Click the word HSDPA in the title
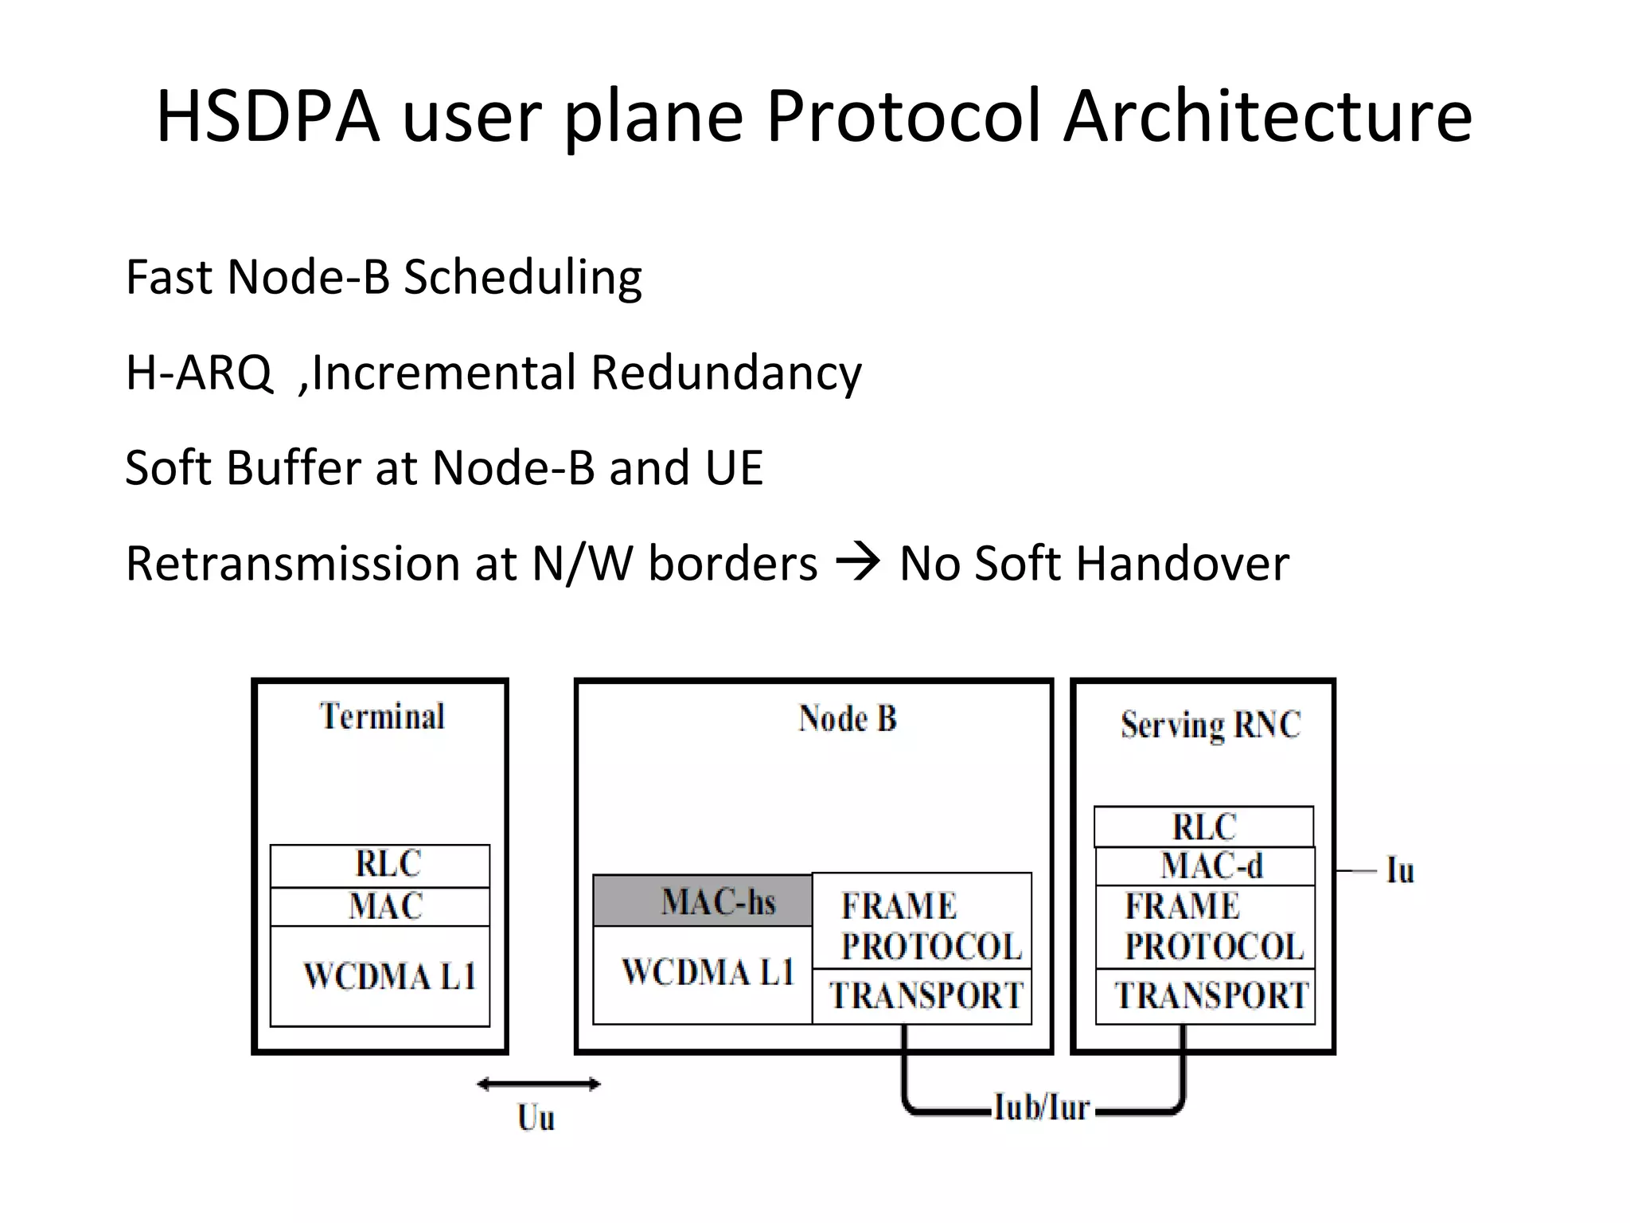point(267,117)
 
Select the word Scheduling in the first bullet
point(523,279)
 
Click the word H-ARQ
point(198,373)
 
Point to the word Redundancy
point(726,373)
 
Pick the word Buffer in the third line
point(294,467)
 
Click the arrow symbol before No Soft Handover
point(858,562)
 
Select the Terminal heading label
point(382,717)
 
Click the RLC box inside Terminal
point(380,865)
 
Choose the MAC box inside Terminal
point(380,907)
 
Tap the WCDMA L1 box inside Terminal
point(380,976)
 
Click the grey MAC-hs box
point(703,901)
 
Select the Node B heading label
point(847,719)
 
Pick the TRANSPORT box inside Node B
point(922,996)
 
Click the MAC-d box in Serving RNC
point(1205,866)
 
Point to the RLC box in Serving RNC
point(1203,827)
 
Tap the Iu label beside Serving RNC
point(1400,870)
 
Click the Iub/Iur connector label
point(1041,1108)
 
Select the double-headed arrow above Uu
point(539,1084)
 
